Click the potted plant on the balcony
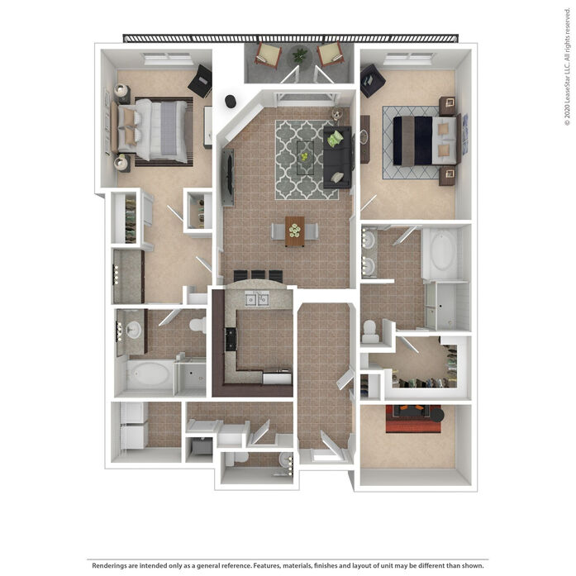pyautogui.click(x=300, y=55)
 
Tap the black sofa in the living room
pyautogui.click(x=337, y=157)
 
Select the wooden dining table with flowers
pyautogui.click(x=295, y=231)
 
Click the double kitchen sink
pyautogui.click(x=257, y=299)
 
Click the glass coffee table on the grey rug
pyautogui.click(x=305, y=158)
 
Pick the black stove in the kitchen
pyautogui.click(x=231, y=339)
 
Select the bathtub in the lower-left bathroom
pyautogui.click(x=149, y=375)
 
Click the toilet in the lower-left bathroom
pyautogui.click(x=198, y=325)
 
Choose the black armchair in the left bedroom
pyautogui.click(x=201, y=82)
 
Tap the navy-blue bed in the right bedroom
pyautogui.click(x=424, y=140)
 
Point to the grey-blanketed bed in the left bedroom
pyautogui.click(x=152, y=131)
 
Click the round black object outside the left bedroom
pyautogui.click(x=231, y=102)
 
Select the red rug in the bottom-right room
pyautogui.click(x=413, y=419)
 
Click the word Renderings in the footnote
pyautogui.click(x=108, y=565)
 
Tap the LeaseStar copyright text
pyautogui.click(x=568, y=67)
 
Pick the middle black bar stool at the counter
pyautogui.click(x=258, y=275)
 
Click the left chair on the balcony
pyautogui.click(x=268, y=55)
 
